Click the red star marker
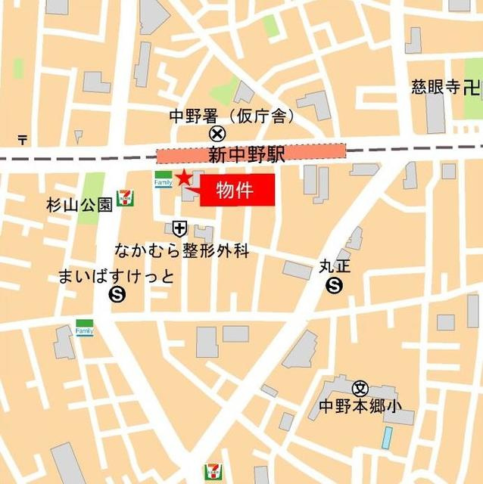pyautogui.click(x=183, y=178)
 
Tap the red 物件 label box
pyautogui.click(x=237, y=190)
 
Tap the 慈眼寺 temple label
pyautogui.click(x=436, y=88)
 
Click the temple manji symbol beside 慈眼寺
pyautogui.click(x=472, y=88)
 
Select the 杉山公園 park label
pyautogui.click(x=79, y=204)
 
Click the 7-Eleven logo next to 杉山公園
pyautogui.click(x=126, y=198)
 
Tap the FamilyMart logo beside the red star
pyautogui.click(x=163, y=179)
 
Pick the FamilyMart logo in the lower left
pyautogui.click(x=84, y=327)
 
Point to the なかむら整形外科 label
pyautogui.click(x=182, y=250)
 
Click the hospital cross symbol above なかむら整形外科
pyautogui.click(x=179, y=227)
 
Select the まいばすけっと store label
pyautogui.click(x=115, y=277)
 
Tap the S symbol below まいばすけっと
pyautogui.click(x=117, y=294)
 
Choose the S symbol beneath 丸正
pyautogui.click(x=334, y=285)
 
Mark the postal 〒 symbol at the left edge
pyautogui.click(x=23, y=139)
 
